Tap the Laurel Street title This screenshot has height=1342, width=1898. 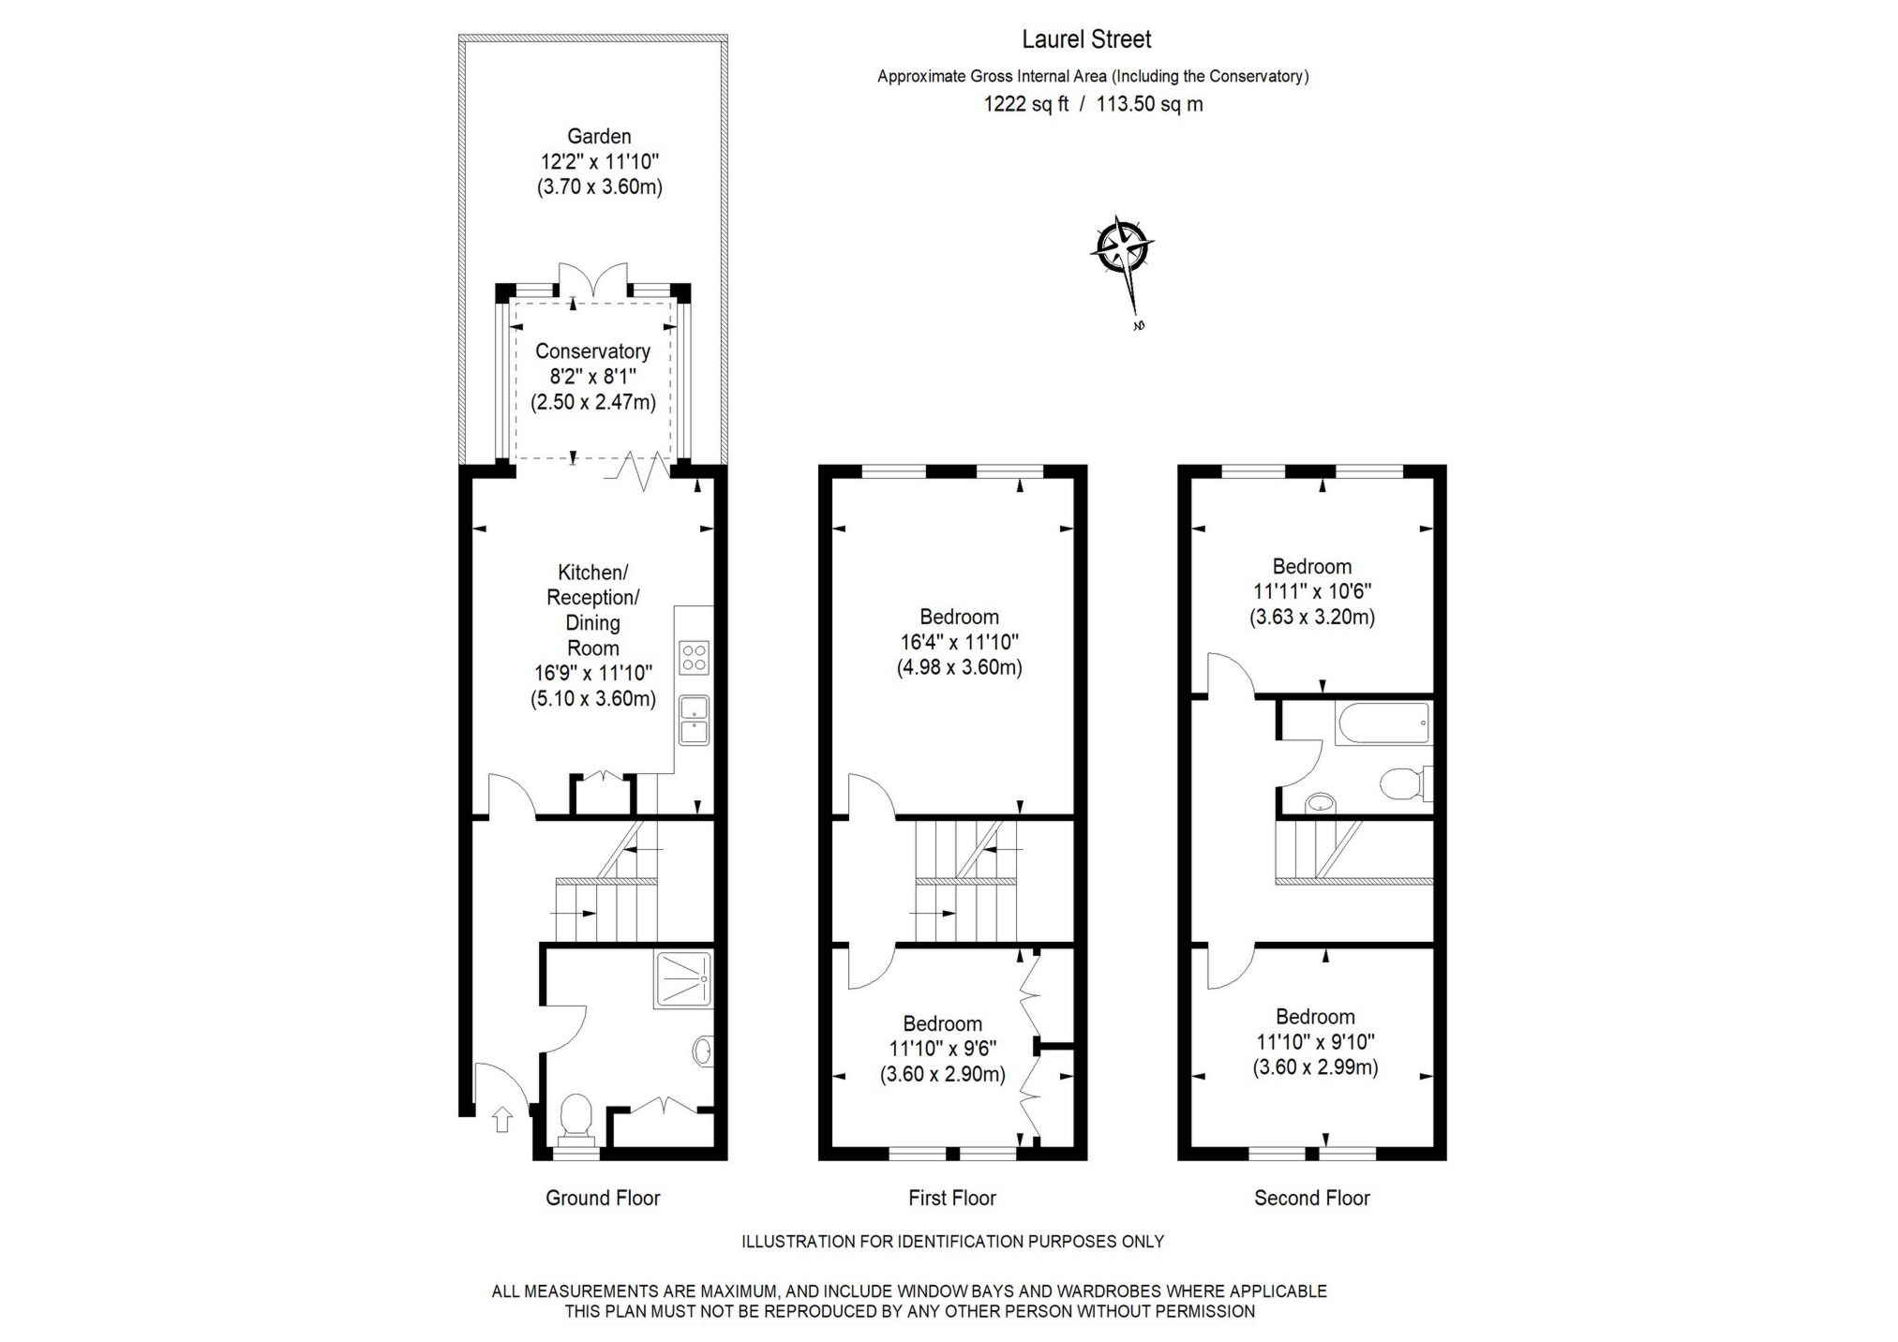pyautogui.click(x=1086, y=39)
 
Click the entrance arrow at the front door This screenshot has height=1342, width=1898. pyautogui.click(x=501, y=1119)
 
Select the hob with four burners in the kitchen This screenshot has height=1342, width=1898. pyautogui.click(x=695, y=656)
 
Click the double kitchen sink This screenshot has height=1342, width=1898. pyautogui.click(x=695, y=720)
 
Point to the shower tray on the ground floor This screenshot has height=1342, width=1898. pyautogui.click(x=683, y=979)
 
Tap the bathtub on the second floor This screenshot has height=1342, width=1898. pyautogui.click(x=1383, y=723)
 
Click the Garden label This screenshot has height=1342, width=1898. pyautogui.click(x=599, y=137)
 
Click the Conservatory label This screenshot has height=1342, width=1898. pyautogui.click(x=592, y=351)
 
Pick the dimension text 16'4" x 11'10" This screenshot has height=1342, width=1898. pyautogui.click(x=959, y=642)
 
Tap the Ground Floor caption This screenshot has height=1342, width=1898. pyautogui.click(x=603, y=1198)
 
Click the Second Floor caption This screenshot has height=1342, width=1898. pyautogui.click(x=1311, y=1198)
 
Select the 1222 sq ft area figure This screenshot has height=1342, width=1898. pyautogui.click(x=1025, y=104)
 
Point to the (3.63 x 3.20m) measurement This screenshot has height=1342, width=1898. pyautogui.click(x=1311, y=617)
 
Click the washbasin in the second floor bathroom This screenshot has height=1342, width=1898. pyautogui.click(x=1320, y=802)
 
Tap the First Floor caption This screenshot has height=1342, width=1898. pyautogui.click(x=951, y=1198)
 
